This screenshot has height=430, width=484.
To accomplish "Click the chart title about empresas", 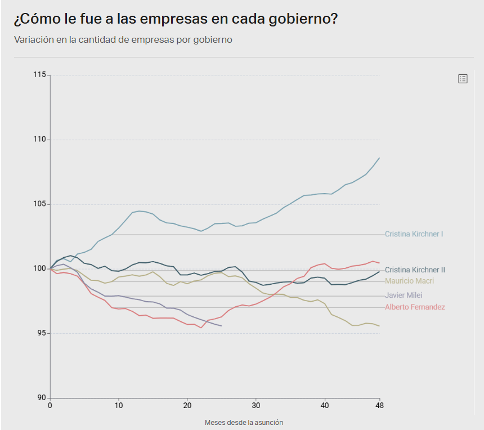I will [176, 19].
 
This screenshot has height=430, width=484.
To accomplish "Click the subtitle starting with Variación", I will [123, 40].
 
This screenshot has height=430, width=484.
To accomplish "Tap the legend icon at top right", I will [463, 79].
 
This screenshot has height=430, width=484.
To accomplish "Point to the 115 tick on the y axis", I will [40, 75].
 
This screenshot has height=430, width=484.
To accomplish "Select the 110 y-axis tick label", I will [40, 140].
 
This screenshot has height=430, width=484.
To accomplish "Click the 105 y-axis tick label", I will [40, 204].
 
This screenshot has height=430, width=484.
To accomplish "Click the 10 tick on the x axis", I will [119, 405].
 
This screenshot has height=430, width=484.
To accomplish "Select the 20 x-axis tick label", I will [187, 405].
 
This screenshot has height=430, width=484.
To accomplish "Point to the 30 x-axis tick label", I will [256, 405].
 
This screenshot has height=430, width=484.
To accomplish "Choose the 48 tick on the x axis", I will [379, 405].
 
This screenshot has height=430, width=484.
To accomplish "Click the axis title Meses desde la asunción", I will [244, 422].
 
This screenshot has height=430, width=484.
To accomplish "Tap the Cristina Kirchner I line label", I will [414, 234].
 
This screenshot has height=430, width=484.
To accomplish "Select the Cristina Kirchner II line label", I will [415, 270].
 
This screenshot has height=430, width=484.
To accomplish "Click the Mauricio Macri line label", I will [409, 281].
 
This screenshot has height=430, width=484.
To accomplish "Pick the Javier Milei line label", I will [404, 295].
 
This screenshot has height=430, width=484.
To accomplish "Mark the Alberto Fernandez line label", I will [415, 307].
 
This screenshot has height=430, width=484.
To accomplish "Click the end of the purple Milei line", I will [221, 326].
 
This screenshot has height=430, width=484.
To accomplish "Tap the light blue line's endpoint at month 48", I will [379, 158].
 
